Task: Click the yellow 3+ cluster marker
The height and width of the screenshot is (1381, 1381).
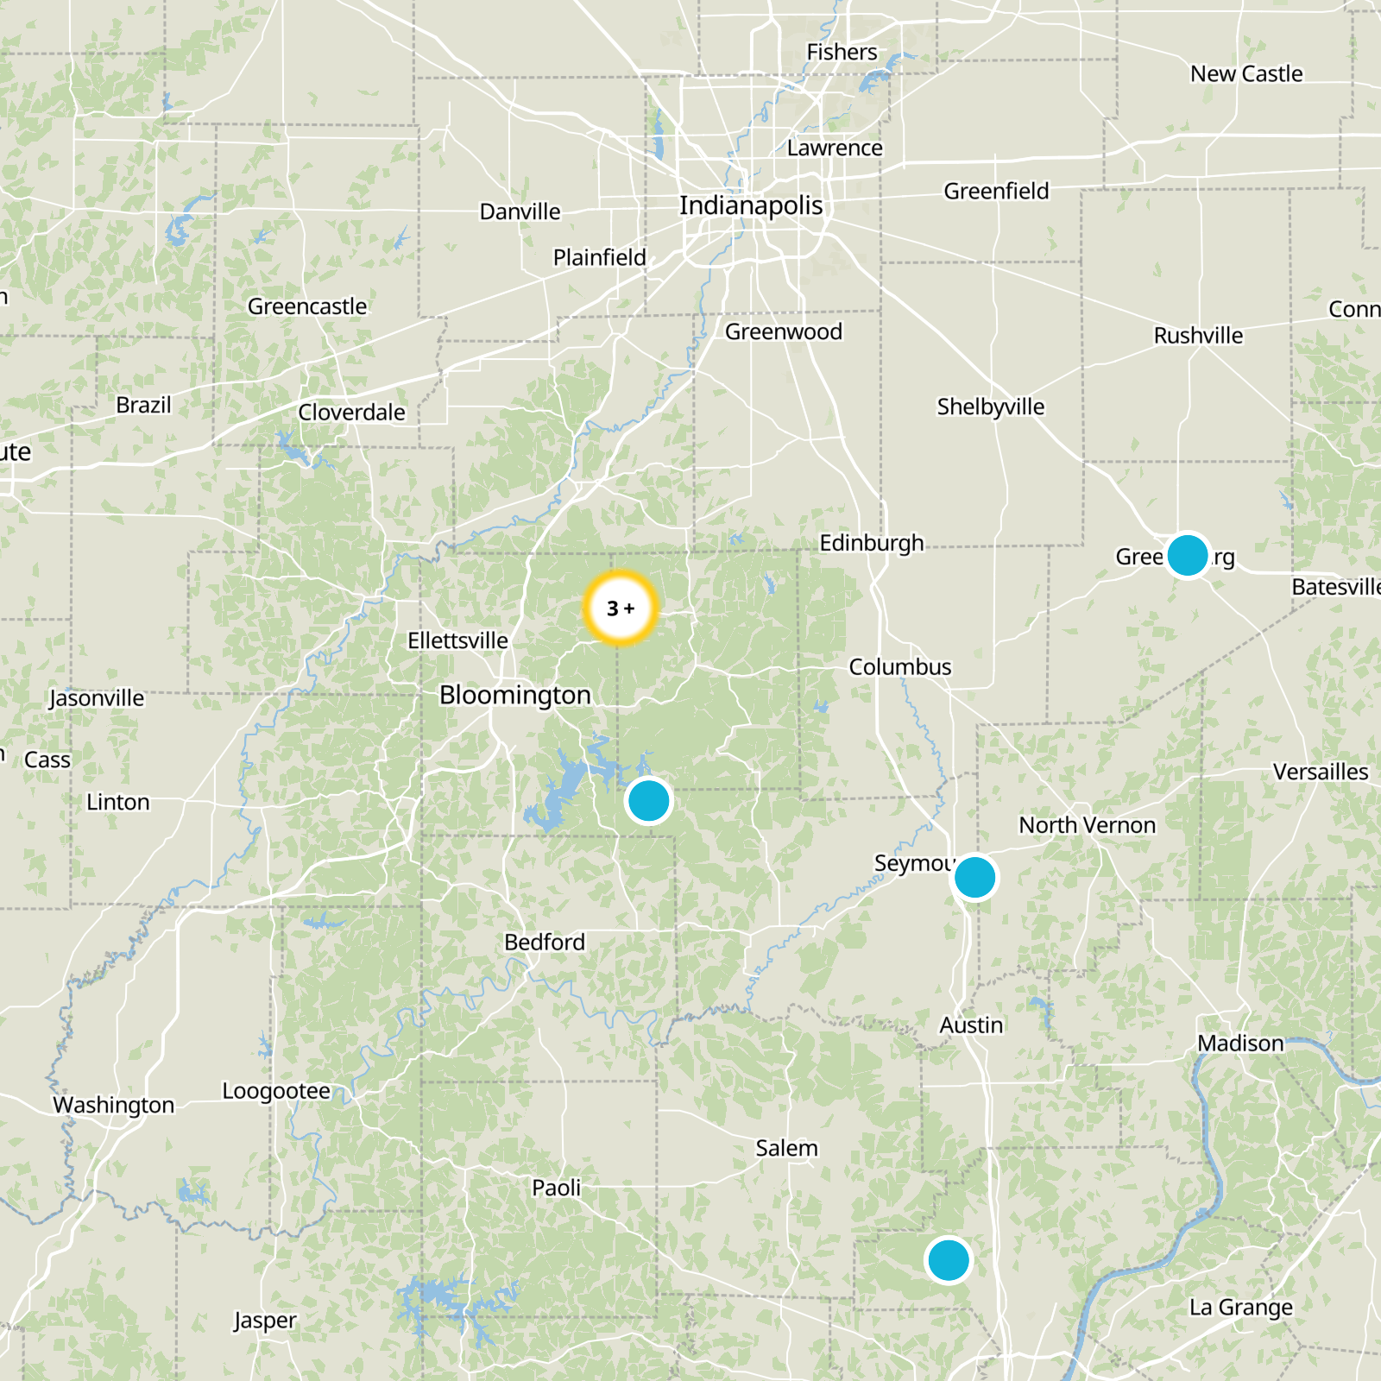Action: pyautogui.click(x=621, y=609)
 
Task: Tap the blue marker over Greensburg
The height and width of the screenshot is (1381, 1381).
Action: pyautogui.click(x=1188, y=555)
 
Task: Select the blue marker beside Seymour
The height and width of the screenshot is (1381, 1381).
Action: pyautogui.click(x=975, y=878)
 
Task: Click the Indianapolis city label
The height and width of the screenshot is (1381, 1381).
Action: pyautogui.click(x=751, y=205)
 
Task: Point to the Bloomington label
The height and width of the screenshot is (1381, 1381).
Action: pyautogui.click(x=515, y=695)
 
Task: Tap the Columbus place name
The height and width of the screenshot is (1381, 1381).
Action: pyautogui.click(x=900, y=667)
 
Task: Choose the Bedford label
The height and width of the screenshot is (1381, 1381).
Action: pyautogui.click(x=545, y=942)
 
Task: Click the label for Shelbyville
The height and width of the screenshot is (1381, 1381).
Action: pyautogui.click(x=991, y=407)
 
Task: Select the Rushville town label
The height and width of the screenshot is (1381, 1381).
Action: pyautogui.click(x=1198, y=336)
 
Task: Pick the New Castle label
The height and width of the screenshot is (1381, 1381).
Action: pyautogui.click(x=1246, y=74)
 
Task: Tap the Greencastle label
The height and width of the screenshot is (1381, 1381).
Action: pyautogui.click(x=307, y=306)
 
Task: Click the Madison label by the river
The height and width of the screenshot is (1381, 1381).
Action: pyautogui.click(x=1240, y=1044)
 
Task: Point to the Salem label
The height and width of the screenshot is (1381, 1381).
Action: pyautogui.click(x=786, y=1148)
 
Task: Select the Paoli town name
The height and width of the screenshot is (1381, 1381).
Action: pyautogui.click(x=557, y=1188)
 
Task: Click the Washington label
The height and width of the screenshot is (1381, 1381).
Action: pyautogui.click(x=114, y=1105)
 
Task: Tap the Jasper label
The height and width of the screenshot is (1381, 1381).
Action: pyautogui.click(x=265, y=1321)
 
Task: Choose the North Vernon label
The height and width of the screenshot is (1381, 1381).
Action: pyautogui.click(x=1088, y=825)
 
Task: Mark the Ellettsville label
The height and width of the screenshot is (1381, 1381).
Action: pyautogui.click(x=457, y=640)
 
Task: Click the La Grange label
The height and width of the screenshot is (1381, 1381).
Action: pyautogui.click(x=1241, y=1308)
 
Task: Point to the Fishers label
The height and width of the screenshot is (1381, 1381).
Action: pyautogui.click(x=842, y=53)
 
